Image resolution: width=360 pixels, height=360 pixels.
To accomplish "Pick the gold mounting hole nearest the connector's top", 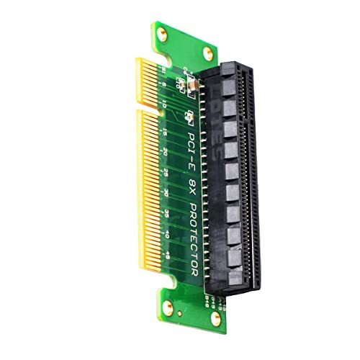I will [x=208, y=50].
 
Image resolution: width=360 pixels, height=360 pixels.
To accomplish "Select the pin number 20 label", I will [x=166, y=153].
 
